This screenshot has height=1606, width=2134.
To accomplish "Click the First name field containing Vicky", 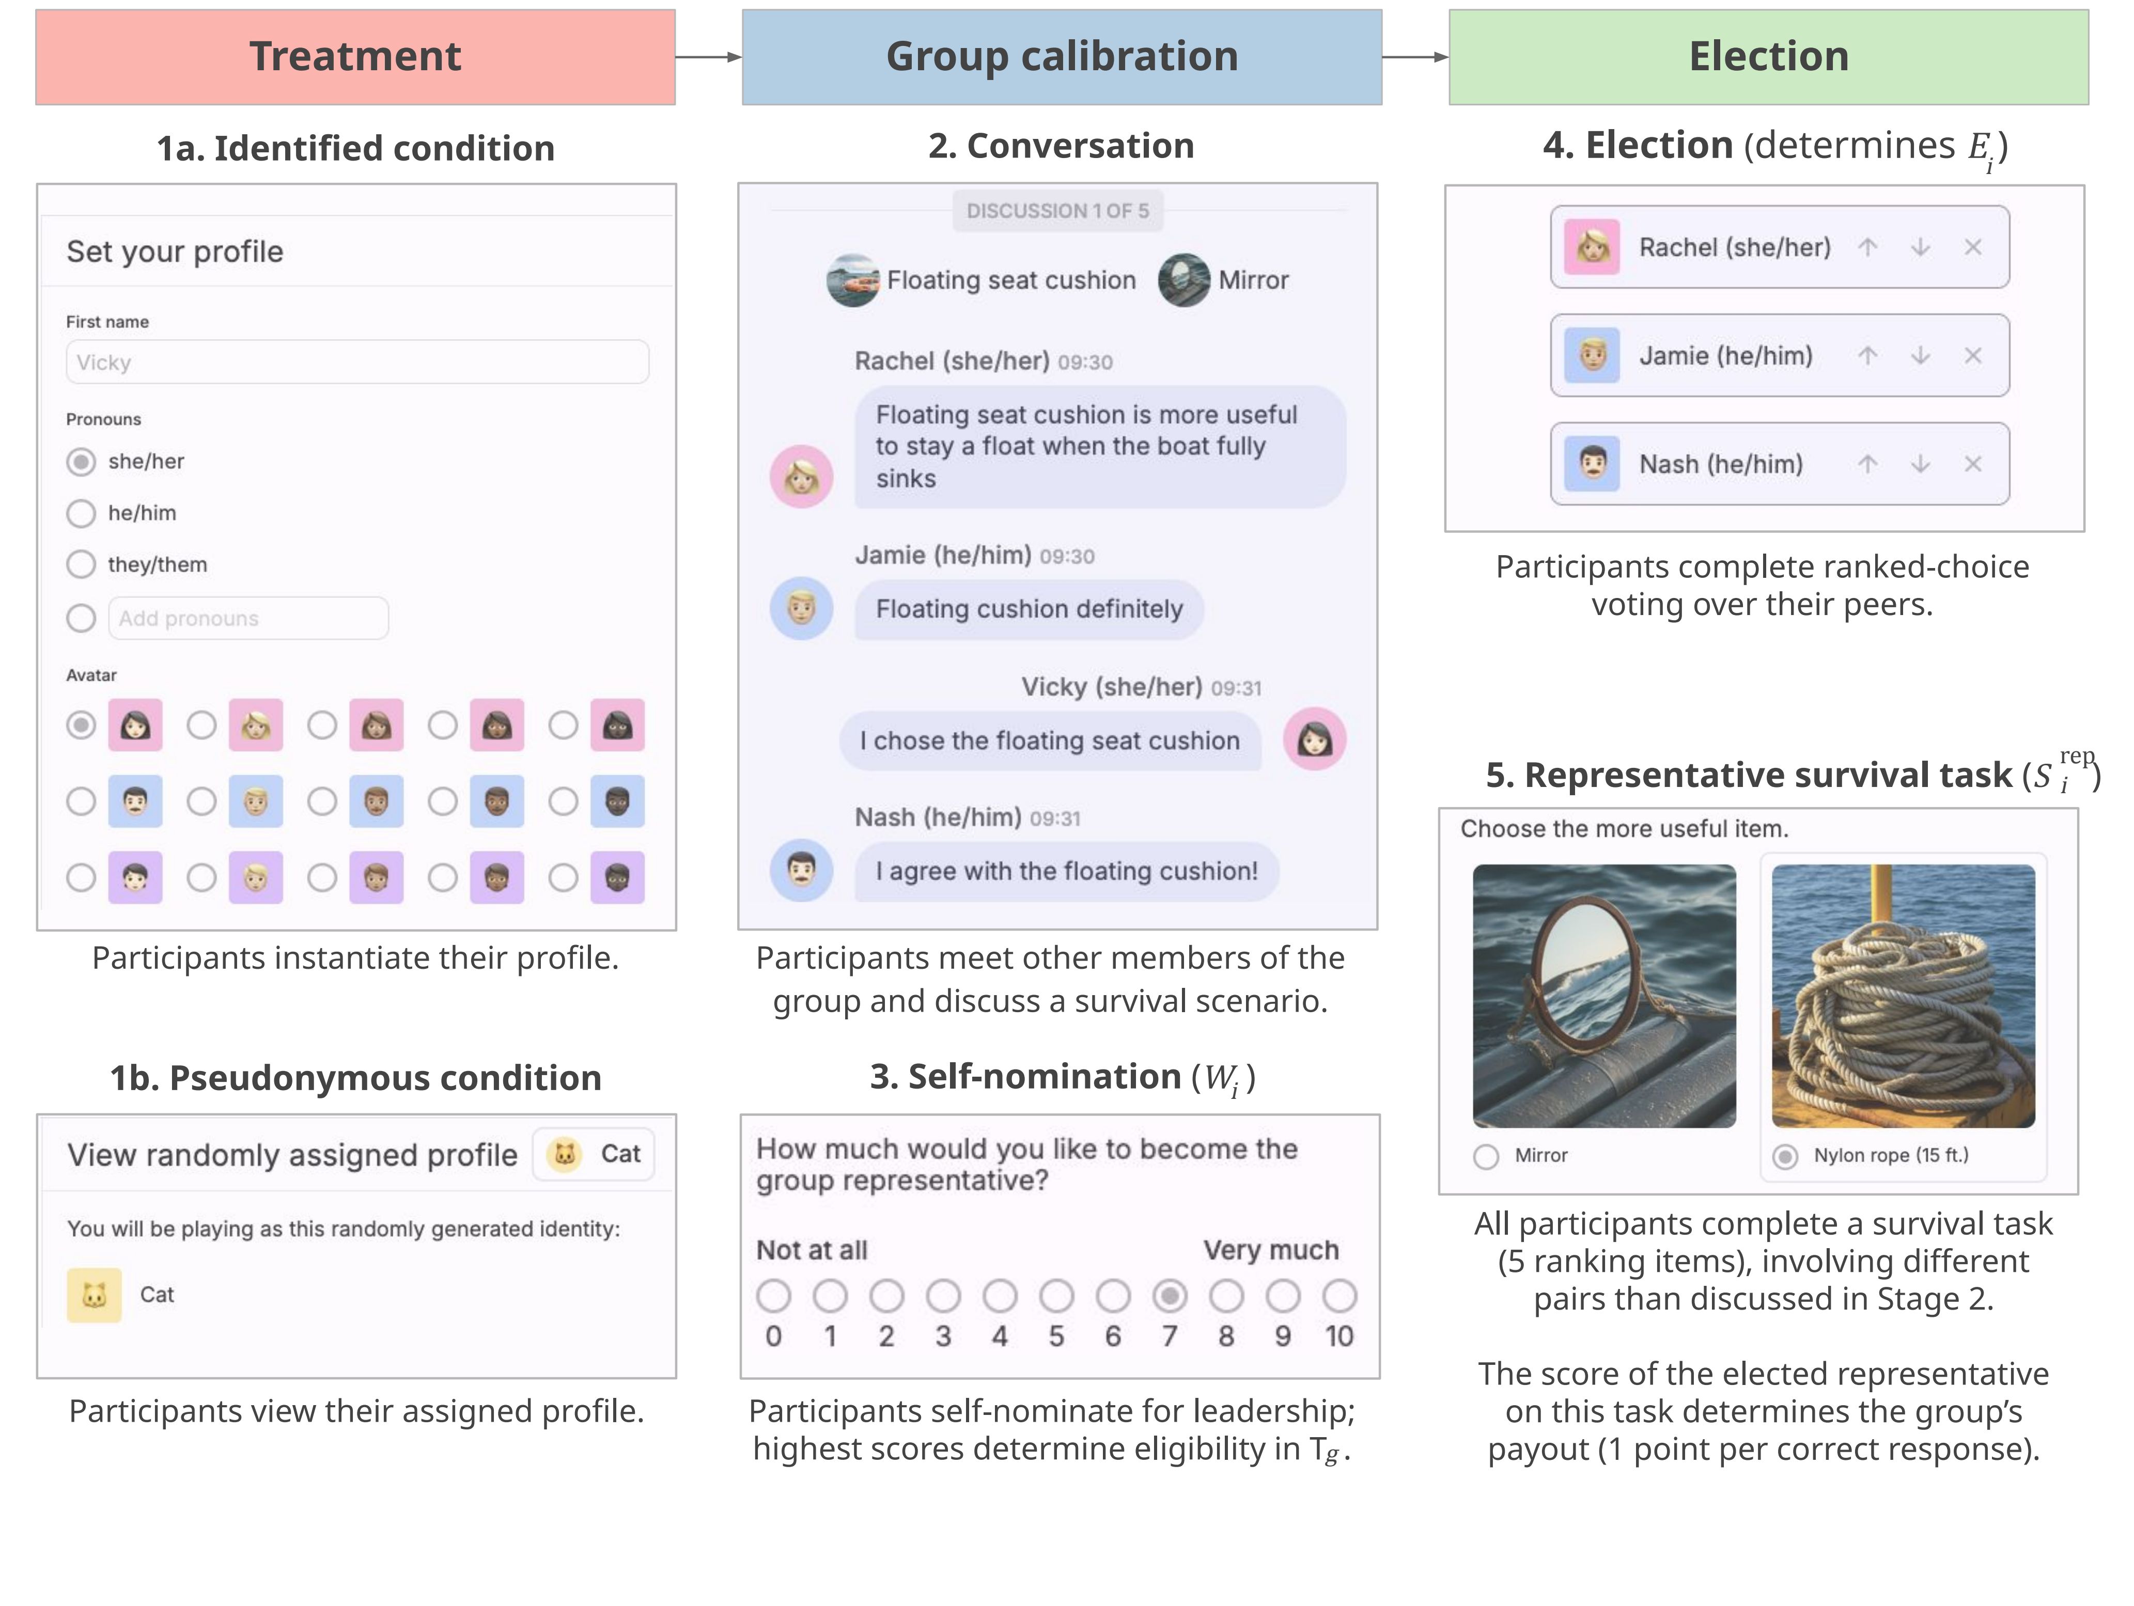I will [x=357, y=361].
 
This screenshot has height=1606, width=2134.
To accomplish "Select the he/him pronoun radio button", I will [x=81, y=513].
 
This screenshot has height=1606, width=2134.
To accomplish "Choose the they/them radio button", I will [x=81, y=564].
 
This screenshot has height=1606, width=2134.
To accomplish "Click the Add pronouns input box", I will [x=248, y=618].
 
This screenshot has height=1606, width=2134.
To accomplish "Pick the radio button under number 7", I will [x=1169, y=1296].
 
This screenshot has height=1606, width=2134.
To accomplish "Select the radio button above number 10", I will [x=1339, y=1296].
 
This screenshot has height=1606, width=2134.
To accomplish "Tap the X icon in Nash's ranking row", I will [x=1973, y=464].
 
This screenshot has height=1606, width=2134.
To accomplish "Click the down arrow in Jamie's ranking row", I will [x=1920, y=356].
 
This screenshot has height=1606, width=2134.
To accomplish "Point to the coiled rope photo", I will [x=1903, y=996].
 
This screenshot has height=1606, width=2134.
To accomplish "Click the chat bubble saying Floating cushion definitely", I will [x=1029, y=609].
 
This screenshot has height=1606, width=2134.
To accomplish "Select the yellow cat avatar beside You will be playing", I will [x=94, y=1295].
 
